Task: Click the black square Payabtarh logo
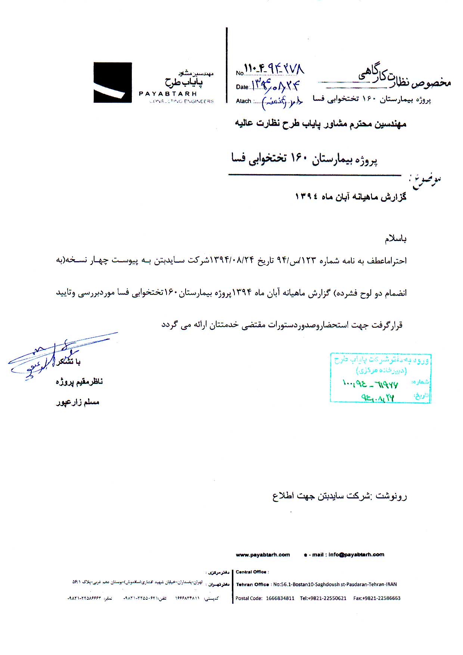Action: click(112, 83)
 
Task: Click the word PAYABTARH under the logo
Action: click(168, 94)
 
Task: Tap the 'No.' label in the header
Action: click(240, 73)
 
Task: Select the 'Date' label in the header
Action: click(242, 87)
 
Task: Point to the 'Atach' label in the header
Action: click(243, 101)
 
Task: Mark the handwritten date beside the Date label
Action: click(276, 86)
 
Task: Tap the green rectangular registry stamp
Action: click(380, 378)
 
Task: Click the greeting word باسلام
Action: click(396, 239)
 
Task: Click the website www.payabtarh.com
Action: click(263, 554)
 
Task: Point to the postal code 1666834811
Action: click(280, 598)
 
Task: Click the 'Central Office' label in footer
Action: click(251, 572)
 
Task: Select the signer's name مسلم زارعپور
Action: click(78, 402)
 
